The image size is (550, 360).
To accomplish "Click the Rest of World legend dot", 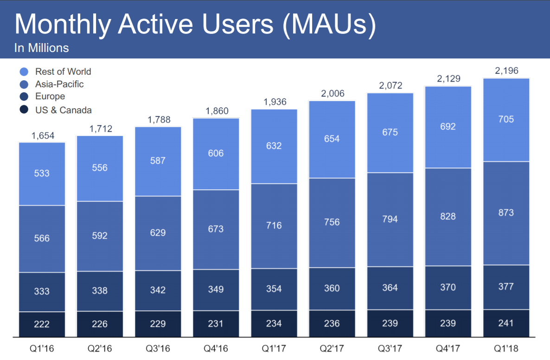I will point(25,72).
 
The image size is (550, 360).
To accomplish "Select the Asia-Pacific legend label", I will point(59,84).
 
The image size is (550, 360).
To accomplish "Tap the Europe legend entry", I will point(50,96).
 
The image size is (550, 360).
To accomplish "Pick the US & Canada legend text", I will point(63,110).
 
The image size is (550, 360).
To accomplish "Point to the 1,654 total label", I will point(43,135).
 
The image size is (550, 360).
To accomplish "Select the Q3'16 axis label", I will point(158,348).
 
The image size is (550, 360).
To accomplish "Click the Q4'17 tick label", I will point(448,348).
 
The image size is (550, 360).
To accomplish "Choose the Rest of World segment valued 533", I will point(42,174).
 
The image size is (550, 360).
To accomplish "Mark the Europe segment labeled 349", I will point(216,289).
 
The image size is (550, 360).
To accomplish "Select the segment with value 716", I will point(274,225).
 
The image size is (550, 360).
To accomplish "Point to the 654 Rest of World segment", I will point(332,139).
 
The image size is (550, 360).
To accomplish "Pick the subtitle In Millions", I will point(41,48).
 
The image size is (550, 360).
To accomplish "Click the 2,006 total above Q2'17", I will point(332,93).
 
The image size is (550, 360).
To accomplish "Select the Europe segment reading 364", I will point(390,288).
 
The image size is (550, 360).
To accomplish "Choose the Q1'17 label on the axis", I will point(274,348).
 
